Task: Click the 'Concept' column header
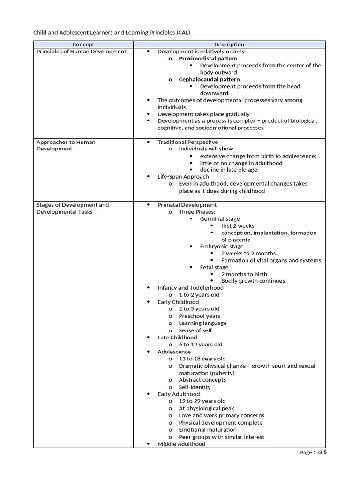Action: tap(83, 45)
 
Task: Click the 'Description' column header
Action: tap(229, 45)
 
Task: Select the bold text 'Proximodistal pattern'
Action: tap(208, 59)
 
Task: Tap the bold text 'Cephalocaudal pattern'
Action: tap(209, 80)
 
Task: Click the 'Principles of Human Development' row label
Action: tap(82, 52)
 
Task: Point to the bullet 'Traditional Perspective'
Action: tap(187, 142)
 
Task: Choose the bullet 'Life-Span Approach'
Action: tap(183, 177)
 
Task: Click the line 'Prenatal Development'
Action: tap(187, 205)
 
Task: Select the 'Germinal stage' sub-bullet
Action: tap(219, 219)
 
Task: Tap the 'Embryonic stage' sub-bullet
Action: tap(222, 246)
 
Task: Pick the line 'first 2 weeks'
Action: tap(238, 226)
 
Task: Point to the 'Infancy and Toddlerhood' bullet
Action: tap(190, 288)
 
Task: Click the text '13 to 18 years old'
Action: tap(202, 359)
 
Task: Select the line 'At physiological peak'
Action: tap(206, 408)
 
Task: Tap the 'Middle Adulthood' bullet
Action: tap(181, 444)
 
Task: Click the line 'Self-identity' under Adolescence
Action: tap(195, 387)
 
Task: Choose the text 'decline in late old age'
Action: tap(228, 170)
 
